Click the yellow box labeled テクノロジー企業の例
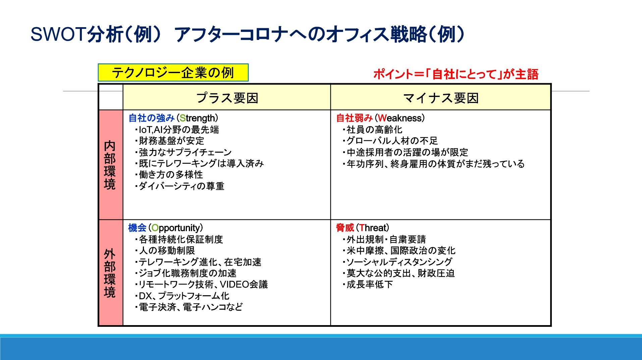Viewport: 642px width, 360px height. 173,72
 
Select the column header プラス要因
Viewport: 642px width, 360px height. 227,98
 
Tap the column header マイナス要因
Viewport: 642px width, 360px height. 441,98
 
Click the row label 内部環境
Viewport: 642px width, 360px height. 110,165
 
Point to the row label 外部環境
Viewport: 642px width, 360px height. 110,273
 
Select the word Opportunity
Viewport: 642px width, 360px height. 175,228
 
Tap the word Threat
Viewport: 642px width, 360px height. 372,228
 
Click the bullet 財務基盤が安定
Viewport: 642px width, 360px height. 170,141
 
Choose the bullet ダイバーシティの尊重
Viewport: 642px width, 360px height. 179,186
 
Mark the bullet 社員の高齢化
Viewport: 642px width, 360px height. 372,130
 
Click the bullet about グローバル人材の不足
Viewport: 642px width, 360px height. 390,141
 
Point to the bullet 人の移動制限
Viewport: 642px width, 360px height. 165,251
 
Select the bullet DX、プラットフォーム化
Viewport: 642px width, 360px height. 182,296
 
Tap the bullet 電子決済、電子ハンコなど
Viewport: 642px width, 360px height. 189,307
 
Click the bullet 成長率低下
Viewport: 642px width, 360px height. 368,285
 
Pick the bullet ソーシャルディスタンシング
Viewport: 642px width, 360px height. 397,262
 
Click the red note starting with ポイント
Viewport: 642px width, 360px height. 456,74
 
